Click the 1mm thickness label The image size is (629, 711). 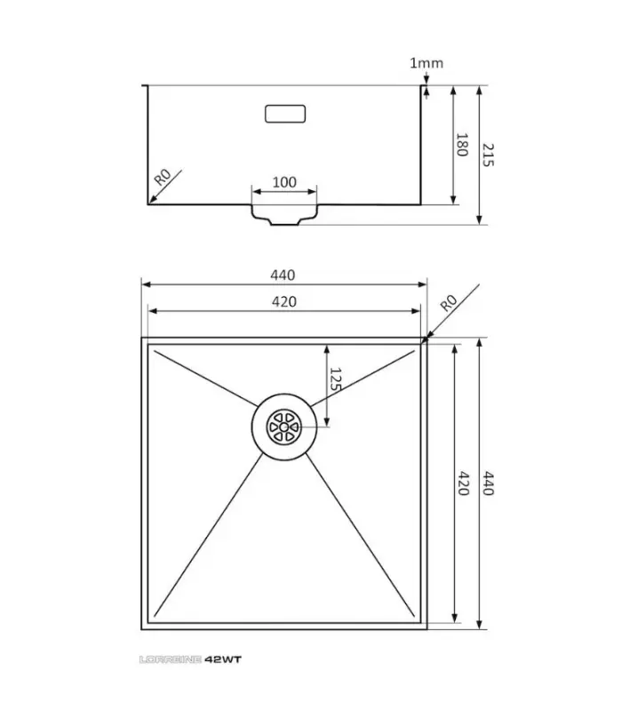coord(426,63)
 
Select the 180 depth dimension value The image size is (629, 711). coord(461,145)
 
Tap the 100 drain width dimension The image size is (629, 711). coord(283,182)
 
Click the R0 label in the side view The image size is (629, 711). coord(163,176)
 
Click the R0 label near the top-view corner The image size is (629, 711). coord(448,301)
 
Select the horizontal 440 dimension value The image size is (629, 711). coord(283,276)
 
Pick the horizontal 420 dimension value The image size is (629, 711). coord(283,302)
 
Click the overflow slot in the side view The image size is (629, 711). coord(285,114)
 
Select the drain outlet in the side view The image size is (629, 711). coord(284,215)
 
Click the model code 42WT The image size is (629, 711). coord(223,659)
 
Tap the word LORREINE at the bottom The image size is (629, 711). coord(171,659)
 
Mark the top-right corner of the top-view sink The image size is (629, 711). coord(426,339)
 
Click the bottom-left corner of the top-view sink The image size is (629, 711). coord(143,627)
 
